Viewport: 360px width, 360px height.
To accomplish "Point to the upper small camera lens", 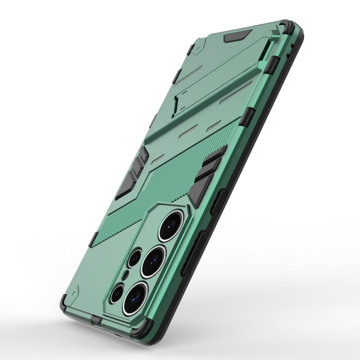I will point(133,258).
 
